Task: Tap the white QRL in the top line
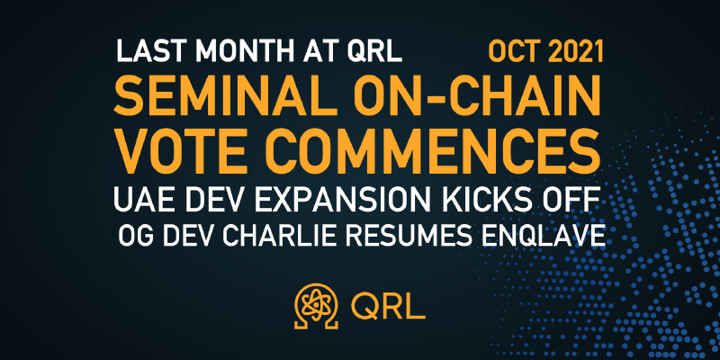coord(374,52)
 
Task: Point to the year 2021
coord(576,51)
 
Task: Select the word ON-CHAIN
coord(476,97)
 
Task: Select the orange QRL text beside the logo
coord(388,306)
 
